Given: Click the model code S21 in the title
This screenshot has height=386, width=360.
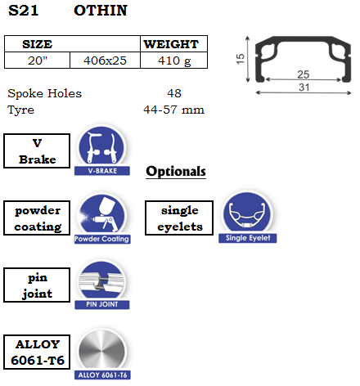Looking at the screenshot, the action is pos(24,11).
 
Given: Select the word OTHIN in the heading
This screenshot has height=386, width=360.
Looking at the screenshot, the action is pos(101,11).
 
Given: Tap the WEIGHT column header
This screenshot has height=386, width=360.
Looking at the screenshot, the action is pos(171,44).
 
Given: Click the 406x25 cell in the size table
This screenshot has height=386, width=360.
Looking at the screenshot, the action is pos(105,61).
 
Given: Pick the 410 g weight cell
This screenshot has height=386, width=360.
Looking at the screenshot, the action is pos(174,61).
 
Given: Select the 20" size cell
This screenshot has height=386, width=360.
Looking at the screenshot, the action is pos(38,61).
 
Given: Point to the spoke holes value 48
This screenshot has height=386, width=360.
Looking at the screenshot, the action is pos(174,93).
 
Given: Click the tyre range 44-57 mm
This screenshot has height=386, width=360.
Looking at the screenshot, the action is pos(173,110).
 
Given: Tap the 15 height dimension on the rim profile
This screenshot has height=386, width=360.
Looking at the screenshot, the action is pos(241,59).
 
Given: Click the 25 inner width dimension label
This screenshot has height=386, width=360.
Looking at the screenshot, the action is pos(304,74).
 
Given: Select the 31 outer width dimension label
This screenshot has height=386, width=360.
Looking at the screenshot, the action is pos(304,88).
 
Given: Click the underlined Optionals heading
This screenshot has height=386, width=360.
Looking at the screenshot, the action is pos(176,172).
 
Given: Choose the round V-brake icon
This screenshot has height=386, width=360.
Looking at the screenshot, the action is pos(101,146).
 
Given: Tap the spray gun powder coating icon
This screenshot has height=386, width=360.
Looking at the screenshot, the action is pos(102,215).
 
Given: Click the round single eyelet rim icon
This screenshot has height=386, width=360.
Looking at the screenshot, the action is pos(247,213).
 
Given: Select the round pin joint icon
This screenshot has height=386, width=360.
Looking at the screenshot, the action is pos(101,281).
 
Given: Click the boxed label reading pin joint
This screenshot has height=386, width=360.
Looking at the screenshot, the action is pos(37,285).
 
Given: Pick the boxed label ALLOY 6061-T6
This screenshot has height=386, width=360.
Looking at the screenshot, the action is pos(37,352).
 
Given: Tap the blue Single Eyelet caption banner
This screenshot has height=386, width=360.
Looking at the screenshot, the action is pos(248,238).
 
